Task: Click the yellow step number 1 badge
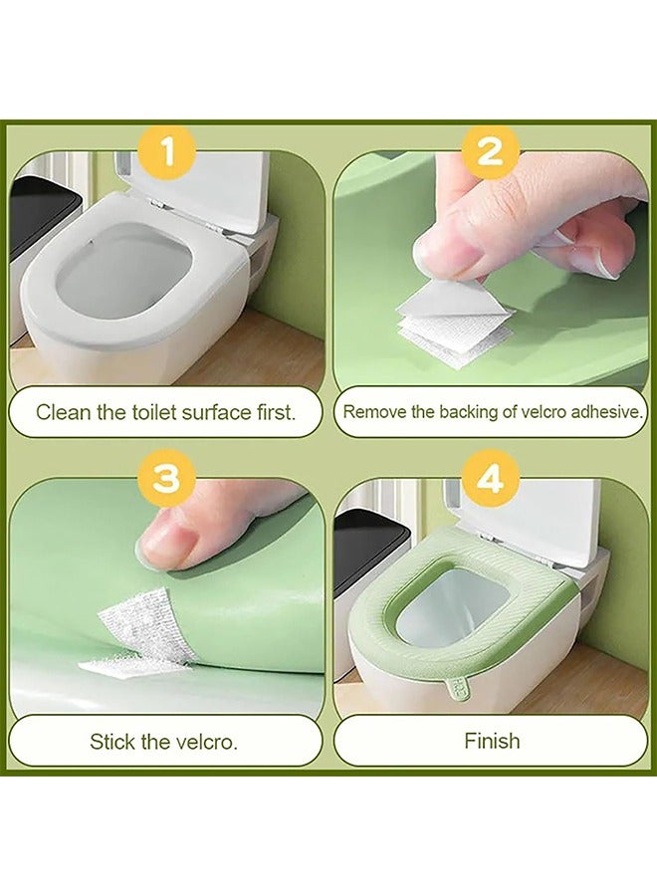coord(167,152)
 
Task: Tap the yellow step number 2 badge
coord(491,152)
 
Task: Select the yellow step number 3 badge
coord(167,479)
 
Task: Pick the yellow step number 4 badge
coord(491,479)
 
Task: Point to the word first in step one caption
coord(277,412)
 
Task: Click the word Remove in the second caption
coord(366,411)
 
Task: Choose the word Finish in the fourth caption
coord(492,741)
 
